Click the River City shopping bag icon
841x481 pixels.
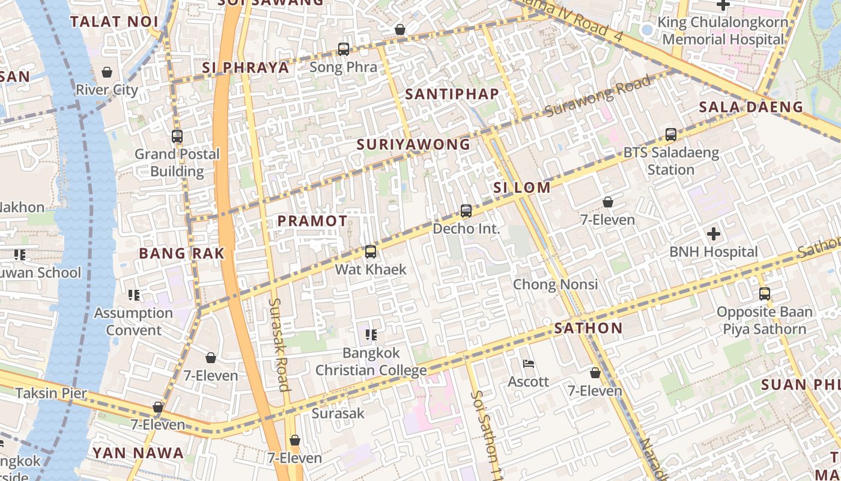coord(107,73)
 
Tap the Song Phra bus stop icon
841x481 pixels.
coord(344,49)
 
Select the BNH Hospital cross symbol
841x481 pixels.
coord(714,234)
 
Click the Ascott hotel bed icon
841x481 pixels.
coord(529,364)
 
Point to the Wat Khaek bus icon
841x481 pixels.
coord(371,252)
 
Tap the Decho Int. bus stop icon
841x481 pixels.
coord(466,211)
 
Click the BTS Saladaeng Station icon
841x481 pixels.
coord(671,135)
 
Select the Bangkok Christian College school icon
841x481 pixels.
coord(371,334)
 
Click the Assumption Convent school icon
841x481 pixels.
coord(134,295)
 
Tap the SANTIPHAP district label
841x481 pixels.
coord(452,94)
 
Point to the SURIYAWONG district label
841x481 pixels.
coord(413,144)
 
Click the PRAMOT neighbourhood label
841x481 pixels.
coord(312,221)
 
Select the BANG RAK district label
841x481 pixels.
coord(181,253)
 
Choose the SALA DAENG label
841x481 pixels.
coord(751,107)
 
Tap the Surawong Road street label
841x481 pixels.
coord(598,96)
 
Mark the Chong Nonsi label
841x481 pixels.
coord(555,284)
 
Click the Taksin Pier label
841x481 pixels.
coord(51,394)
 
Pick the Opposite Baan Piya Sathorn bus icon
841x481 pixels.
coord(764,294)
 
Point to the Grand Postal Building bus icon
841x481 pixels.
coord(177,136)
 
